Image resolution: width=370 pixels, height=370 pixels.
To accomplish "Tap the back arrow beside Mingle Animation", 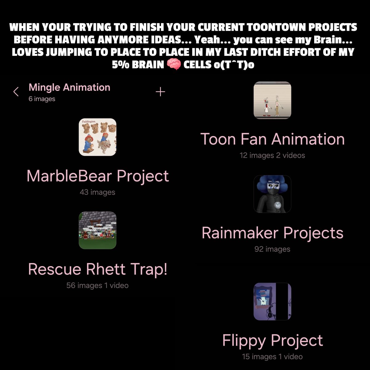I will (16, 92).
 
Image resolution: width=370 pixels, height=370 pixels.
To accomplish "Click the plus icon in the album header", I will (160, 92).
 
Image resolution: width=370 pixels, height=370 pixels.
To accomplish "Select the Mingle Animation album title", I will (69, 87).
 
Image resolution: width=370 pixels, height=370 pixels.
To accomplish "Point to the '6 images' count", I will (42, 99).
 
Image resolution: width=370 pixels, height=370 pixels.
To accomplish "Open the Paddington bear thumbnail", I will (97, 137).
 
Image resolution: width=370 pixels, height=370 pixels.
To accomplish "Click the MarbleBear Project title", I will (98, 176).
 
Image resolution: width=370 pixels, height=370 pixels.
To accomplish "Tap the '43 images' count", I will (97, 192).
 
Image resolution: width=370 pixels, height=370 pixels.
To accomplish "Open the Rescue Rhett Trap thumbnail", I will (97, 230).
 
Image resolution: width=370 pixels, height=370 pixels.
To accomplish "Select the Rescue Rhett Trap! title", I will (98, 269).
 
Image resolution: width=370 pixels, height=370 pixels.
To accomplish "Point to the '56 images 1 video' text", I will (97, 286).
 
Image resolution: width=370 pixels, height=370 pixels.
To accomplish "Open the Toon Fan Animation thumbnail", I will (272, 100).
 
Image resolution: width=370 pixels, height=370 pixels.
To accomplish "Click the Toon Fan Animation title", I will (273, 139).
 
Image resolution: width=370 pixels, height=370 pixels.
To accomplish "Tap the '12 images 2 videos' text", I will (272, 155).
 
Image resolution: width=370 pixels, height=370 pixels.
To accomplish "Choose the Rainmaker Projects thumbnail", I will (272, 194).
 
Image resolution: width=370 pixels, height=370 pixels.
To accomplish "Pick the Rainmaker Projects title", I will (273, 233).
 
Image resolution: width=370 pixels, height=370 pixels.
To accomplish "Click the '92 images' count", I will (272, 249).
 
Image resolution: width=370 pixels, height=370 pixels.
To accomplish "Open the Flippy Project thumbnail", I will (272, 302).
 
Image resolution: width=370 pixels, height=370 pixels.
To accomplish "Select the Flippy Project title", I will (273, 341).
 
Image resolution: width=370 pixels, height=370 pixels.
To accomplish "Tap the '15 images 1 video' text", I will (272, 357).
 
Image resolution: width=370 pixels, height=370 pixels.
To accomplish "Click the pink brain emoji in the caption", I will (174, 65).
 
